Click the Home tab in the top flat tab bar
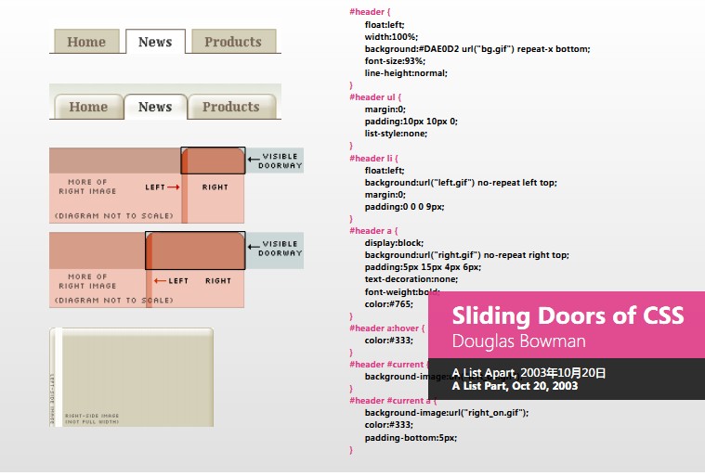86,42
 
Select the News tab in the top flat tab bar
155,42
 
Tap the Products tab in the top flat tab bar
233,42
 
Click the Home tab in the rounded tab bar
88,107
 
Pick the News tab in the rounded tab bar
155,107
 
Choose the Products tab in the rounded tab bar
231,107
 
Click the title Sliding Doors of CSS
568,315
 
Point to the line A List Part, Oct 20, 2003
515,385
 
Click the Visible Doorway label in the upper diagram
281,161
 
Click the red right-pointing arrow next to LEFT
174,187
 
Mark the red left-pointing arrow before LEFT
160,281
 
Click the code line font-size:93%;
395,60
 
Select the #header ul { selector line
376,96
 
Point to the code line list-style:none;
397,133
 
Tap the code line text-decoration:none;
411,278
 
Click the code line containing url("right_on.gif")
447,413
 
